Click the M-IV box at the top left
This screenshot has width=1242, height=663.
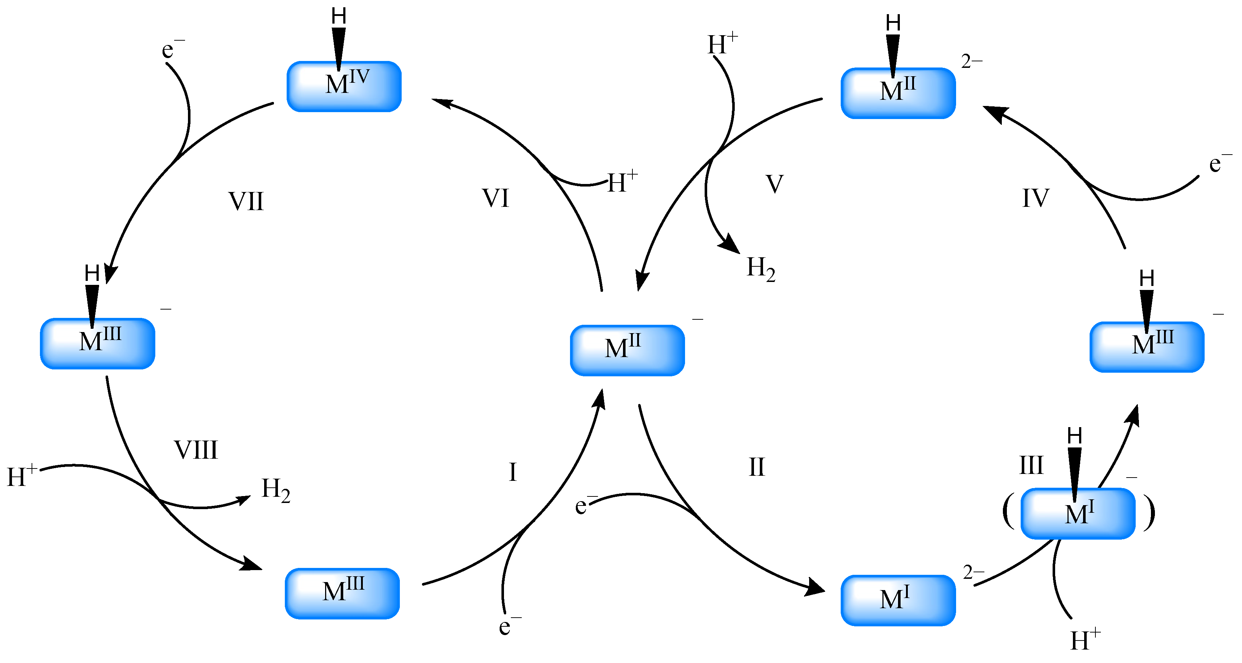click(x=344, y=87)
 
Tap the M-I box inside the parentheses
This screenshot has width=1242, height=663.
click(x=1078, y=513)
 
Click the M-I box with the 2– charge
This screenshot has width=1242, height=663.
click(x=898, y=600)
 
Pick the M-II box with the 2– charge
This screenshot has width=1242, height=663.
click(x=898, y=93)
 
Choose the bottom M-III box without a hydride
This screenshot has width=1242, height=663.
click(x=342, y=593)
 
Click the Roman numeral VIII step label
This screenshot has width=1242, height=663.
click(x=196, y=450)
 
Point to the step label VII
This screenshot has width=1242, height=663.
click(x=246, y=201)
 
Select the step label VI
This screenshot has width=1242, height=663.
click(x=495, y=198)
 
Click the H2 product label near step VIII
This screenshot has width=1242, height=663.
click(x=276, y=490)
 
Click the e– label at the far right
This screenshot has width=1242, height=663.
click(x=1219, y=164)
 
